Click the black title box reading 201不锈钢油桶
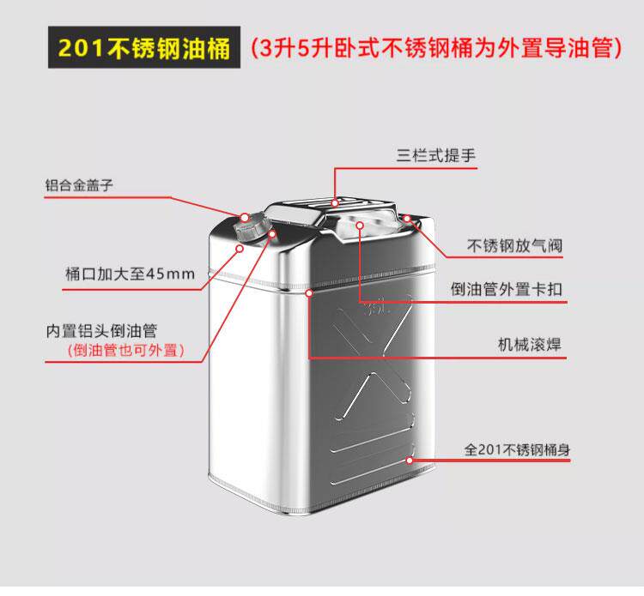(x=138, y=47)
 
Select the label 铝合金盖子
(x=80, y=184)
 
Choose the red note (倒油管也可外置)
(x=126, y=350)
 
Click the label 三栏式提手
(x=435, y=156)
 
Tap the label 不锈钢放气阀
(x=514, y=246)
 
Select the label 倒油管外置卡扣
(x=507, y=289)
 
